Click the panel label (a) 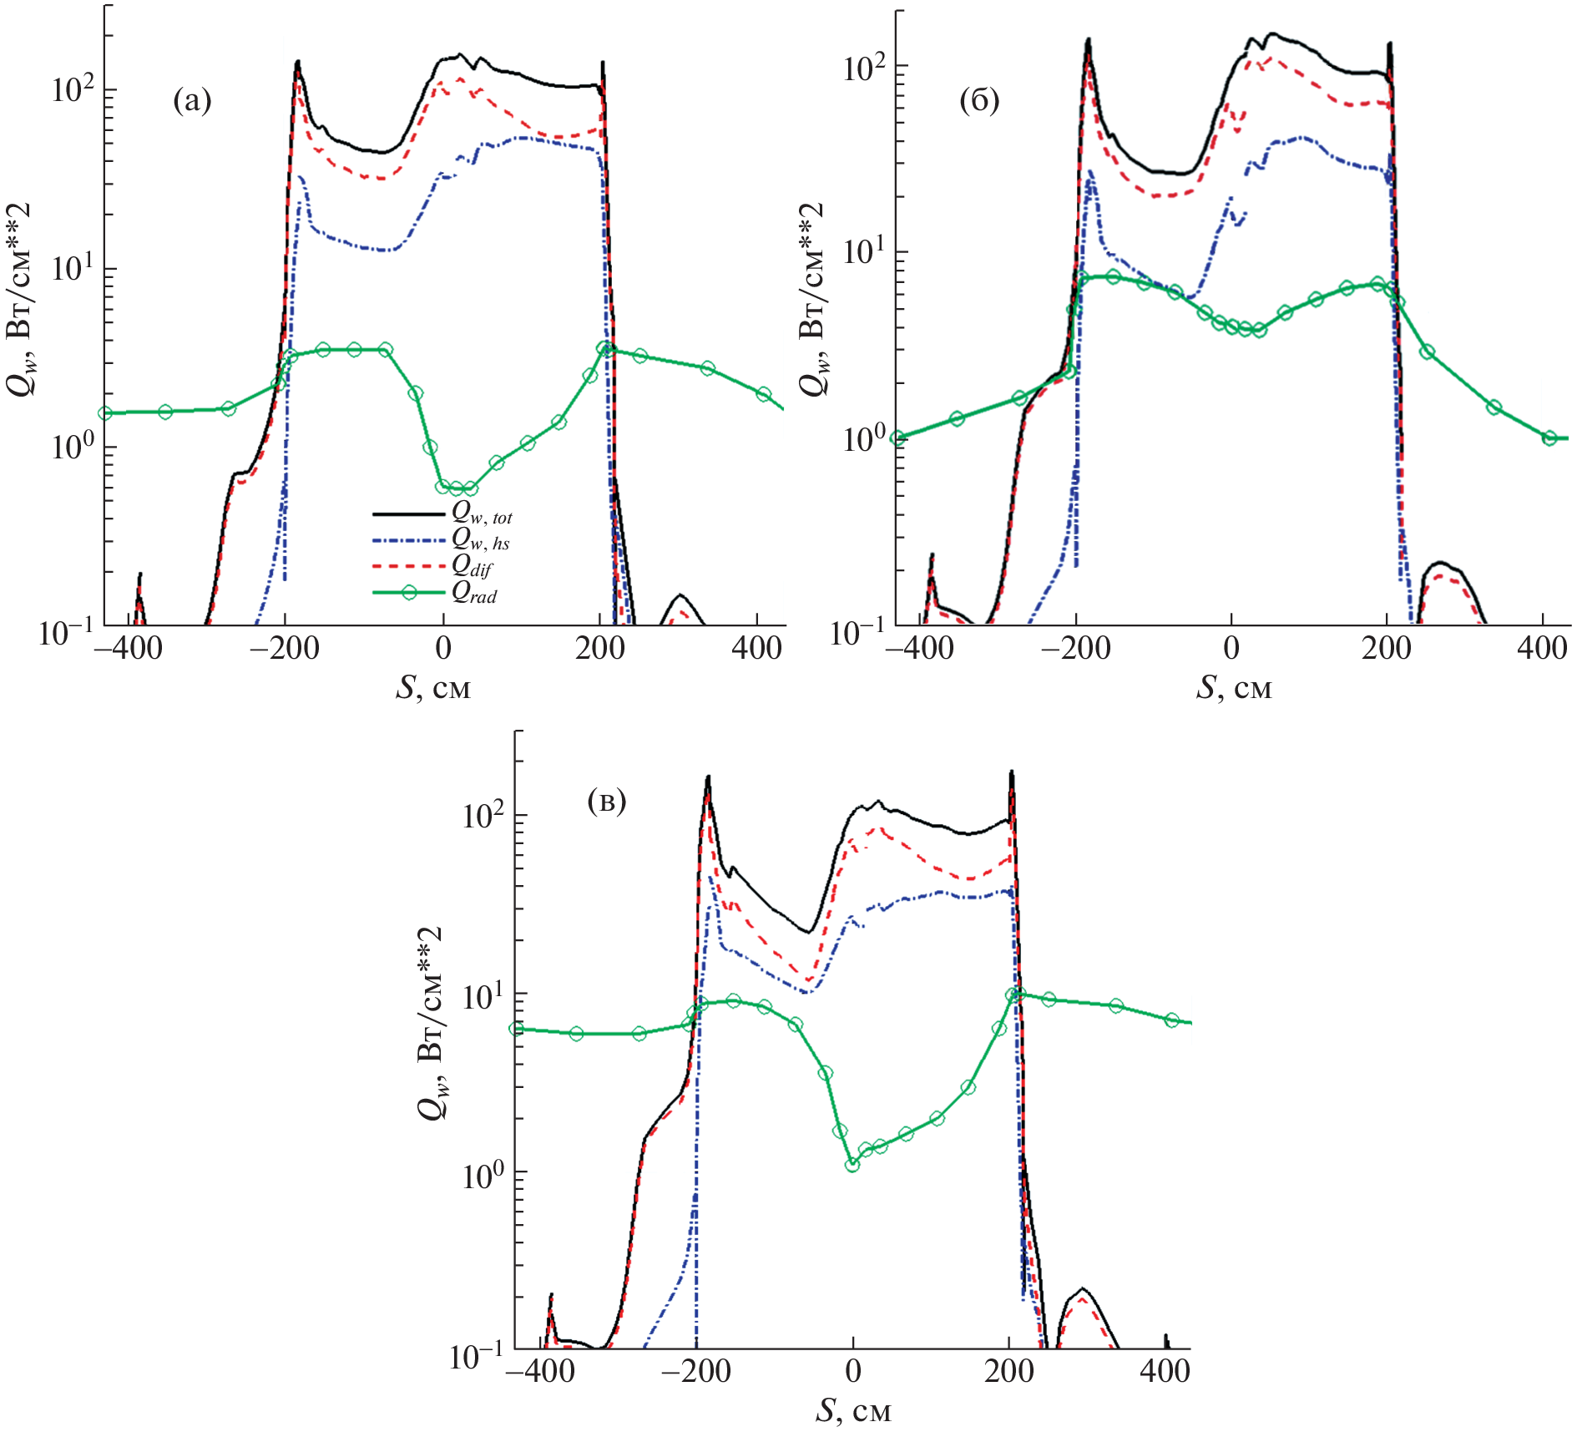click(192, 102)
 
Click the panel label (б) click(979, 101)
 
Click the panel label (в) click(606, 802)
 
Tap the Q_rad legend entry click(474, 593)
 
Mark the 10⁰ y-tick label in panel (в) click(484, 1175)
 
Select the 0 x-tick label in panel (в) click(852, 1371)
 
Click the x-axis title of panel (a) click(433, 688)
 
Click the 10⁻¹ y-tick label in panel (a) click(66, 633)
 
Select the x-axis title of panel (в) click(853, 1411)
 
